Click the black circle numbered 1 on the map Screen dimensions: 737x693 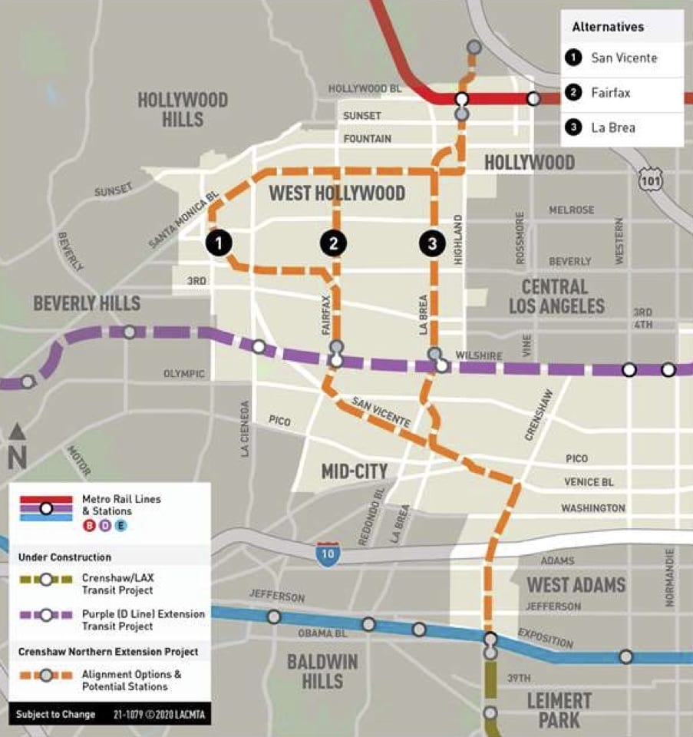[219, 244]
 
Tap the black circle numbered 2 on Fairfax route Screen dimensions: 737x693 [333, 244]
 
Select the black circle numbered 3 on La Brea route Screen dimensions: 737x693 [432, 244]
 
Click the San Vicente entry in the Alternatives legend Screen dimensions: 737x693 [623, 58]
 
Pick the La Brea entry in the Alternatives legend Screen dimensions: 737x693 [612, 127]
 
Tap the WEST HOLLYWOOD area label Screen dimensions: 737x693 [337, 193]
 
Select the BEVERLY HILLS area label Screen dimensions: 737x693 [87, 303]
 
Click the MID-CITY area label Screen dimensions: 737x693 [354, 470]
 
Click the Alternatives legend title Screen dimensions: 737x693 [608, 27]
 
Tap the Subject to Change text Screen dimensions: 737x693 [56, 714]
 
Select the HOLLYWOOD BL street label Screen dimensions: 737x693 [365, 89]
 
